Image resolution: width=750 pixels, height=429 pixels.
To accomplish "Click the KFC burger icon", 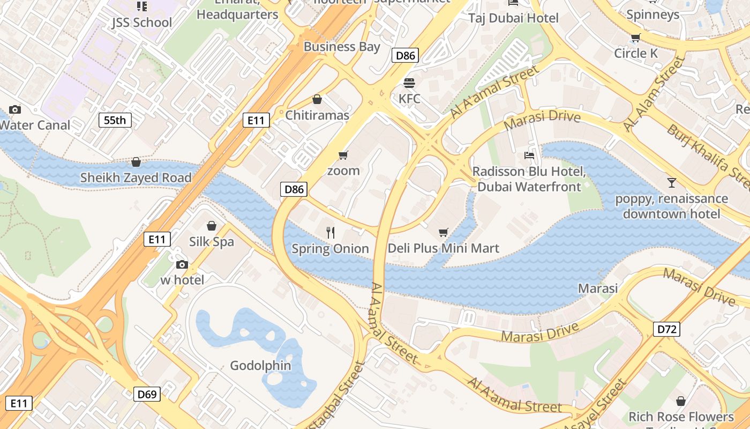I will point(409,83).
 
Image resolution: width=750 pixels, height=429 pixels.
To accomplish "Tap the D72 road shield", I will point(666,329).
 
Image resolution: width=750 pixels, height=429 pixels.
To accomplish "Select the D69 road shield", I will point(147,394).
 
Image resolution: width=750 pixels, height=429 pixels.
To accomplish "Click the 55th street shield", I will point(115,120).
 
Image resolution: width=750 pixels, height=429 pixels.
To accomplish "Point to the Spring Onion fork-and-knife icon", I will point(331,233).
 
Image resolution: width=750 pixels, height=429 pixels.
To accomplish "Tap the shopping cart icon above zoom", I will point(343,155).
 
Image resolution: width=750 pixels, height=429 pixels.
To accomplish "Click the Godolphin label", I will point(260,366).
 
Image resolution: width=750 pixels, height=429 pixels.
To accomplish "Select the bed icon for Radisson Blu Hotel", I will point(529,156).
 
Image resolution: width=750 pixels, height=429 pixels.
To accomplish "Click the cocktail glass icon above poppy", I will point(671,182).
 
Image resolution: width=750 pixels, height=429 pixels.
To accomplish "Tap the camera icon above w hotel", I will point(182,264).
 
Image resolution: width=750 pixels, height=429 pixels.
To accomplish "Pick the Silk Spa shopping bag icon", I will point(212,226).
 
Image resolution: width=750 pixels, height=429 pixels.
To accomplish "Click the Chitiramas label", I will point(317,115).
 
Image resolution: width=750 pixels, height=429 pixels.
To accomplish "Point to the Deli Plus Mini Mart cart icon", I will point(443,232).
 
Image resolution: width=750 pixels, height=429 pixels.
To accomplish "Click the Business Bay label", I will point(342,47).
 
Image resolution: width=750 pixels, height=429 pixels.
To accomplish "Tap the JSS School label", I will point(142,23).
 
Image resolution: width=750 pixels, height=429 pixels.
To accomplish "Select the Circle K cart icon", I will point(636,38).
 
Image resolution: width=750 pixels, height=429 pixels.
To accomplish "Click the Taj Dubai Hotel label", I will point(513,18).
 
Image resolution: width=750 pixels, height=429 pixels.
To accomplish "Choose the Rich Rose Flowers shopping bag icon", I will point(681,401).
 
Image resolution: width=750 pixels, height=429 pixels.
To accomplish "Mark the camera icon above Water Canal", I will point(15,109).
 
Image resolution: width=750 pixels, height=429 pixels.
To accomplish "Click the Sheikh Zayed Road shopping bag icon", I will point(136,162).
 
